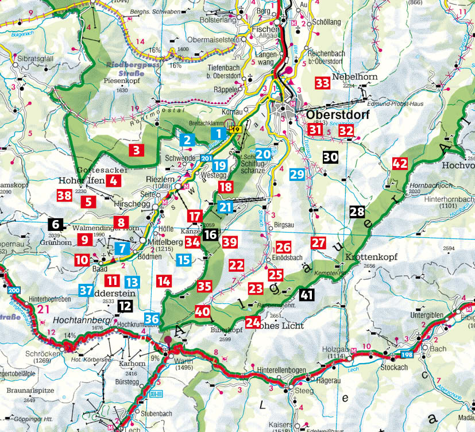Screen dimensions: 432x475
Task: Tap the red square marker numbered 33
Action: (x=323, y=83)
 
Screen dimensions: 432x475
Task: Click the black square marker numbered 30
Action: (x=330, y=157)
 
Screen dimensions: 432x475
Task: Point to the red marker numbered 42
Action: (x=400, y=163)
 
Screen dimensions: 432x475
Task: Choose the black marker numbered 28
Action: (x=357, y=211)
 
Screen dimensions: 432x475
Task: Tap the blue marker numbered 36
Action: (x=152, y=319)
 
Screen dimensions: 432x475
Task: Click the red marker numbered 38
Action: (x=64, y=195)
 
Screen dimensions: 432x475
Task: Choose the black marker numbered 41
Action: (x=307, y=295)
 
